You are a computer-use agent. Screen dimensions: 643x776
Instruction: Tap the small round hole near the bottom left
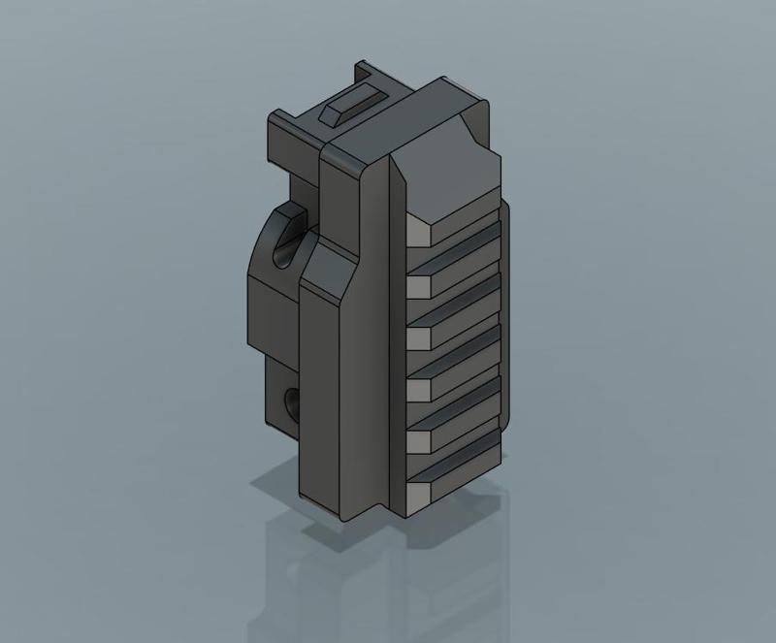(289, 401)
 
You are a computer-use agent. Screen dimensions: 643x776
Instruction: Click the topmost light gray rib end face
(418, 232)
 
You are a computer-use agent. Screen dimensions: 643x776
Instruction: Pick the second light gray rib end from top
(418, 285)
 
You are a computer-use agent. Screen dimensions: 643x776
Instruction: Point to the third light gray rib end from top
(418, 337)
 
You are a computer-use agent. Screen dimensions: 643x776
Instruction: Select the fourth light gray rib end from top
(418, 389)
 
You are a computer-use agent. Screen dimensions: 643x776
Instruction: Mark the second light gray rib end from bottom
(418, 440)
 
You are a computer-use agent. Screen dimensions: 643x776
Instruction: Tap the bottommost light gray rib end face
(418, 495)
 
